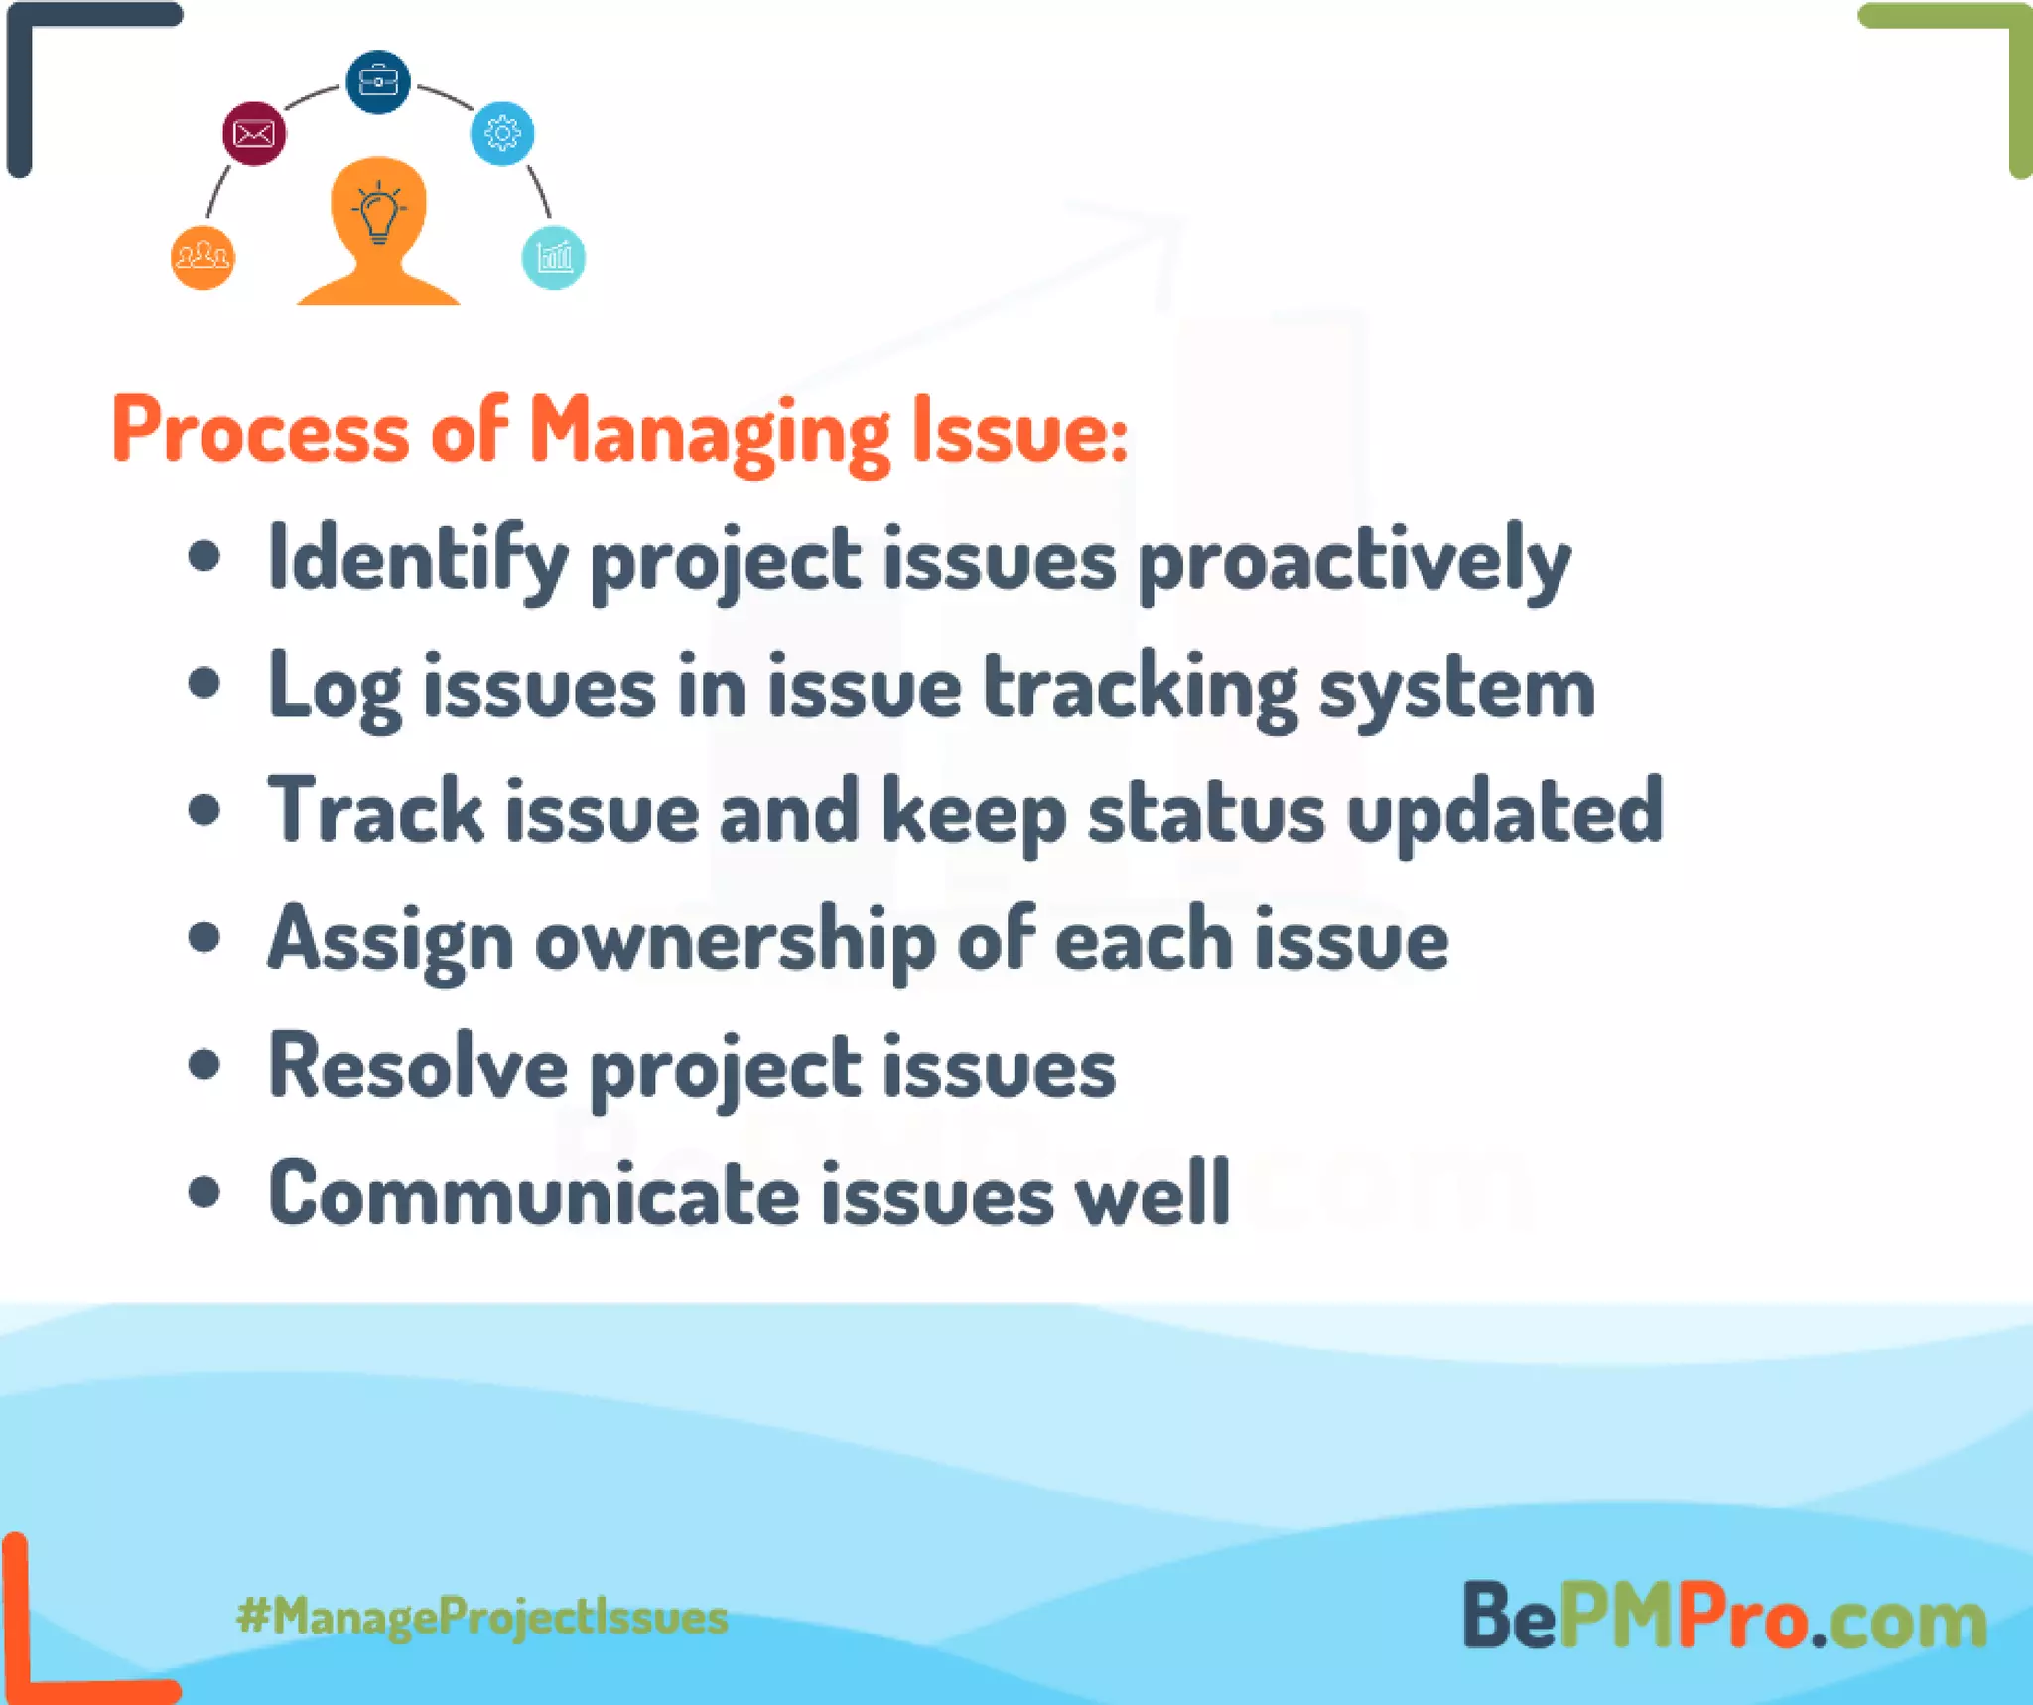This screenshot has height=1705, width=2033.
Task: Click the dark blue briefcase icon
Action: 377,81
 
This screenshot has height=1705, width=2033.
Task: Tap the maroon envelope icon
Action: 254,133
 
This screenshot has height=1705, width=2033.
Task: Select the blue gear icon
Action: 502,133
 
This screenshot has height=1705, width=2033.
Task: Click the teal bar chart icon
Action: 553,257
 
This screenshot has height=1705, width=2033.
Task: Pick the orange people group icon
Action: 203,257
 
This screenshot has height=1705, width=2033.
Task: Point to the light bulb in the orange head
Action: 378,213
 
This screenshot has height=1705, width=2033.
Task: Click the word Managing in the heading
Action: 709,432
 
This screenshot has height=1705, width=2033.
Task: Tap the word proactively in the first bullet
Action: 1354,561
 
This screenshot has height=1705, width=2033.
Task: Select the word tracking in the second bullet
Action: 1140,688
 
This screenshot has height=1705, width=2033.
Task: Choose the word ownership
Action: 735,941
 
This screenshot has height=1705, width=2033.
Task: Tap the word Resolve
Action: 418,1067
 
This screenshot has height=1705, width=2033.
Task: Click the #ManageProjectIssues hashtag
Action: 482,1617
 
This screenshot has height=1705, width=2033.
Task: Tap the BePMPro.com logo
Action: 1724,1617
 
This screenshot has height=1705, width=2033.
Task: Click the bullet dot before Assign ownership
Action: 203,937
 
